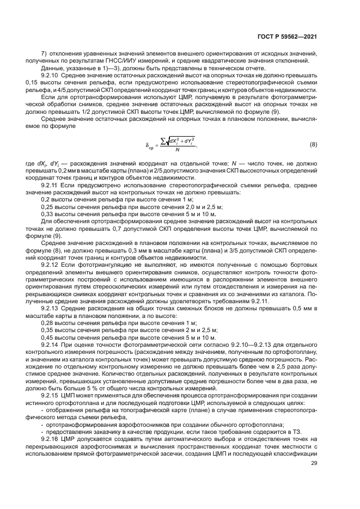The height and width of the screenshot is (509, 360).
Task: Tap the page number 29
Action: click(314, 463)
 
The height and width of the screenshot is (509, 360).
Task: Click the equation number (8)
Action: click(313, 144)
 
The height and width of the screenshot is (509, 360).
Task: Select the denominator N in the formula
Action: click(176, 150)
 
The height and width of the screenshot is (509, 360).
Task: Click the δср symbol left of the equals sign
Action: click(149, 145)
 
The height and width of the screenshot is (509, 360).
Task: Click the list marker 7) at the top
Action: click(45, 54)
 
